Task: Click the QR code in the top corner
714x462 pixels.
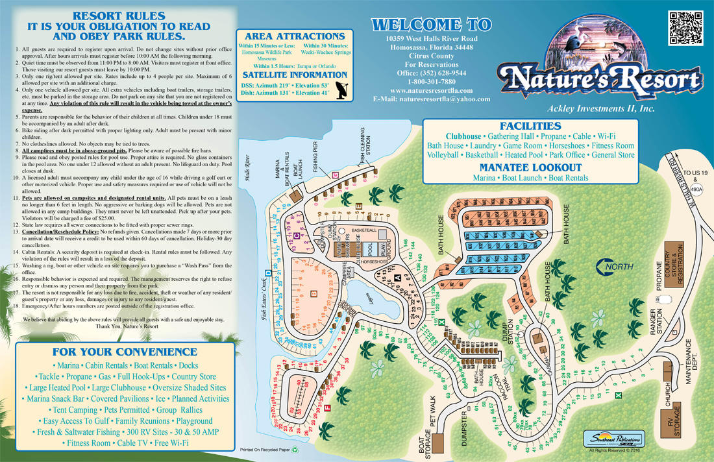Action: click(685, 28)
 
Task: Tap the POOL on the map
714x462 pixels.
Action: click(369, 249)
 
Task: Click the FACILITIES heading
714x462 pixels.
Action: click(530, 126)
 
